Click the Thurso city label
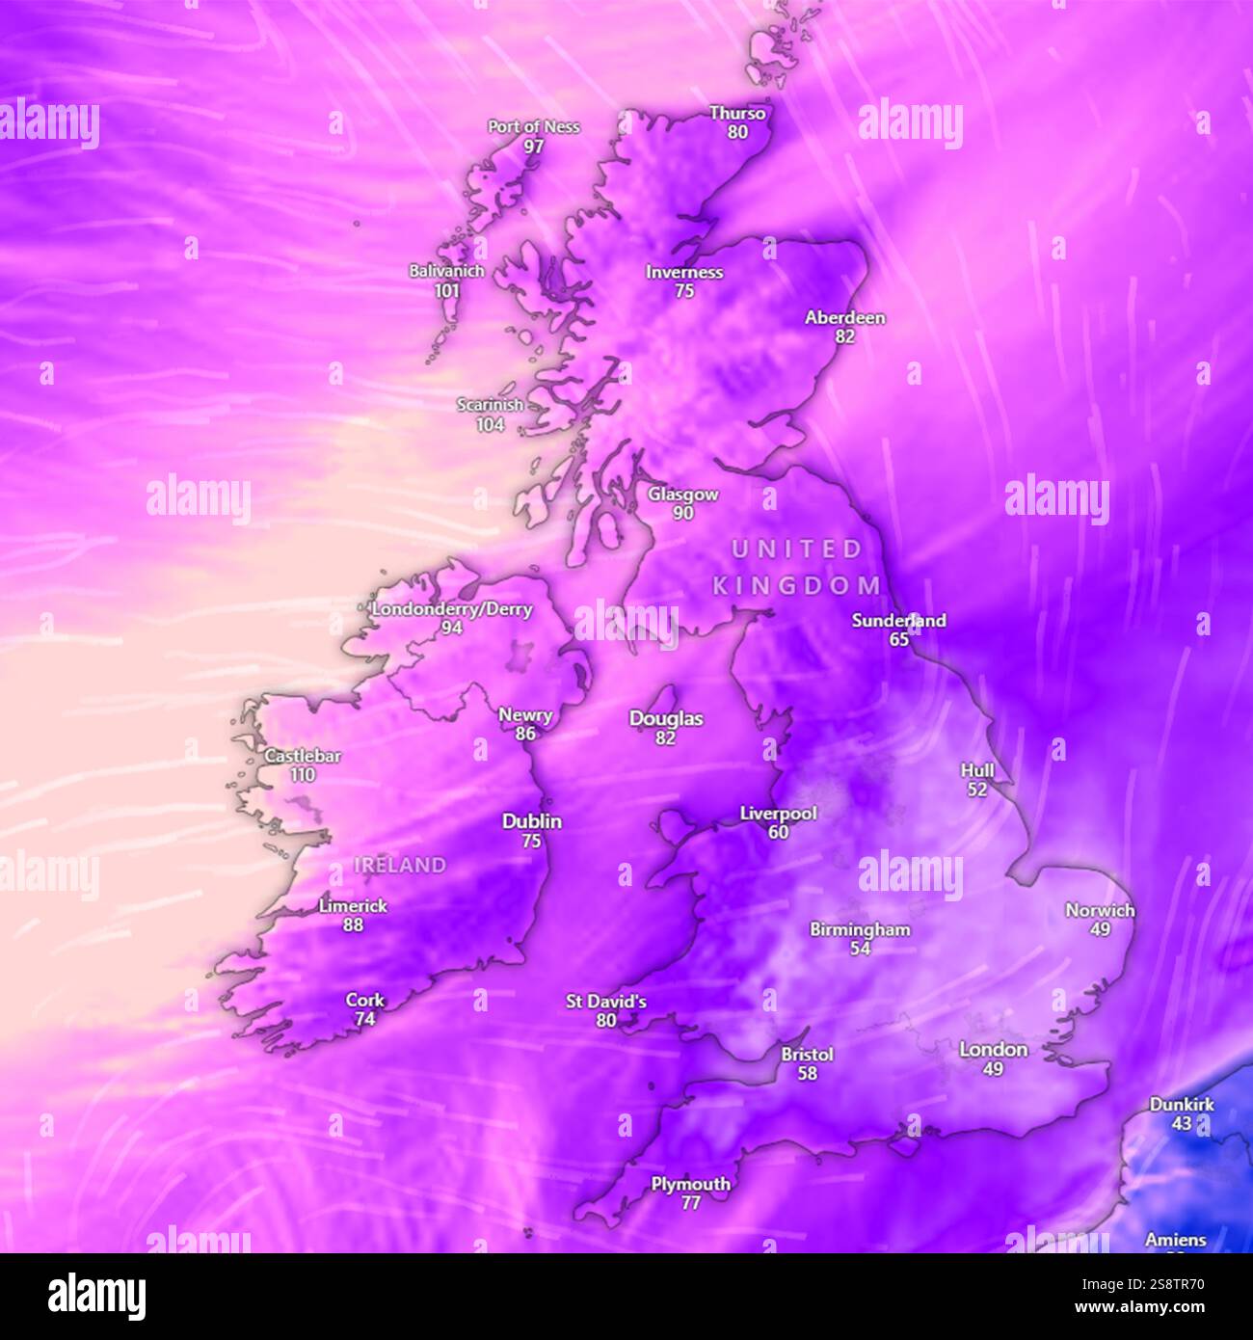(737, 113)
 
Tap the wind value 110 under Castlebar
(303, 775)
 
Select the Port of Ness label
(533, 126)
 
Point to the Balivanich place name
(446, 271)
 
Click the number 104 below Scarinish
(490, 424)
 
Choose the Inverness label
(684, 272)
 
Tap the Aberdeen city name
(844, 317)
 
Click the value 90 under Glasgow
(682, 514)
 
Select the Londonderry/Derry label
(451, 608)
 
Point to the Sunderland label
(898, 620)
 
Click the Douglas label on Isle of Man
(666, 718)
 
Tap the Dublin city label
(531, 821)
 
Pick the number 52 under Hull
(976, 790)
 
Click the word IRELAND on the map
(400, 866)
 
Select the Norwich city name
(1100, 910)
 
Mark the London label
(993, 1049)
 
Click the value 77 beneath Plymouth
(690, 1203)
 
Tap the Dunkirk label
(1181, 1104)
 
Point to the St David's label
(605, 1002)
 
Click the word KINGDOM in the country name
(796, 585)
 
